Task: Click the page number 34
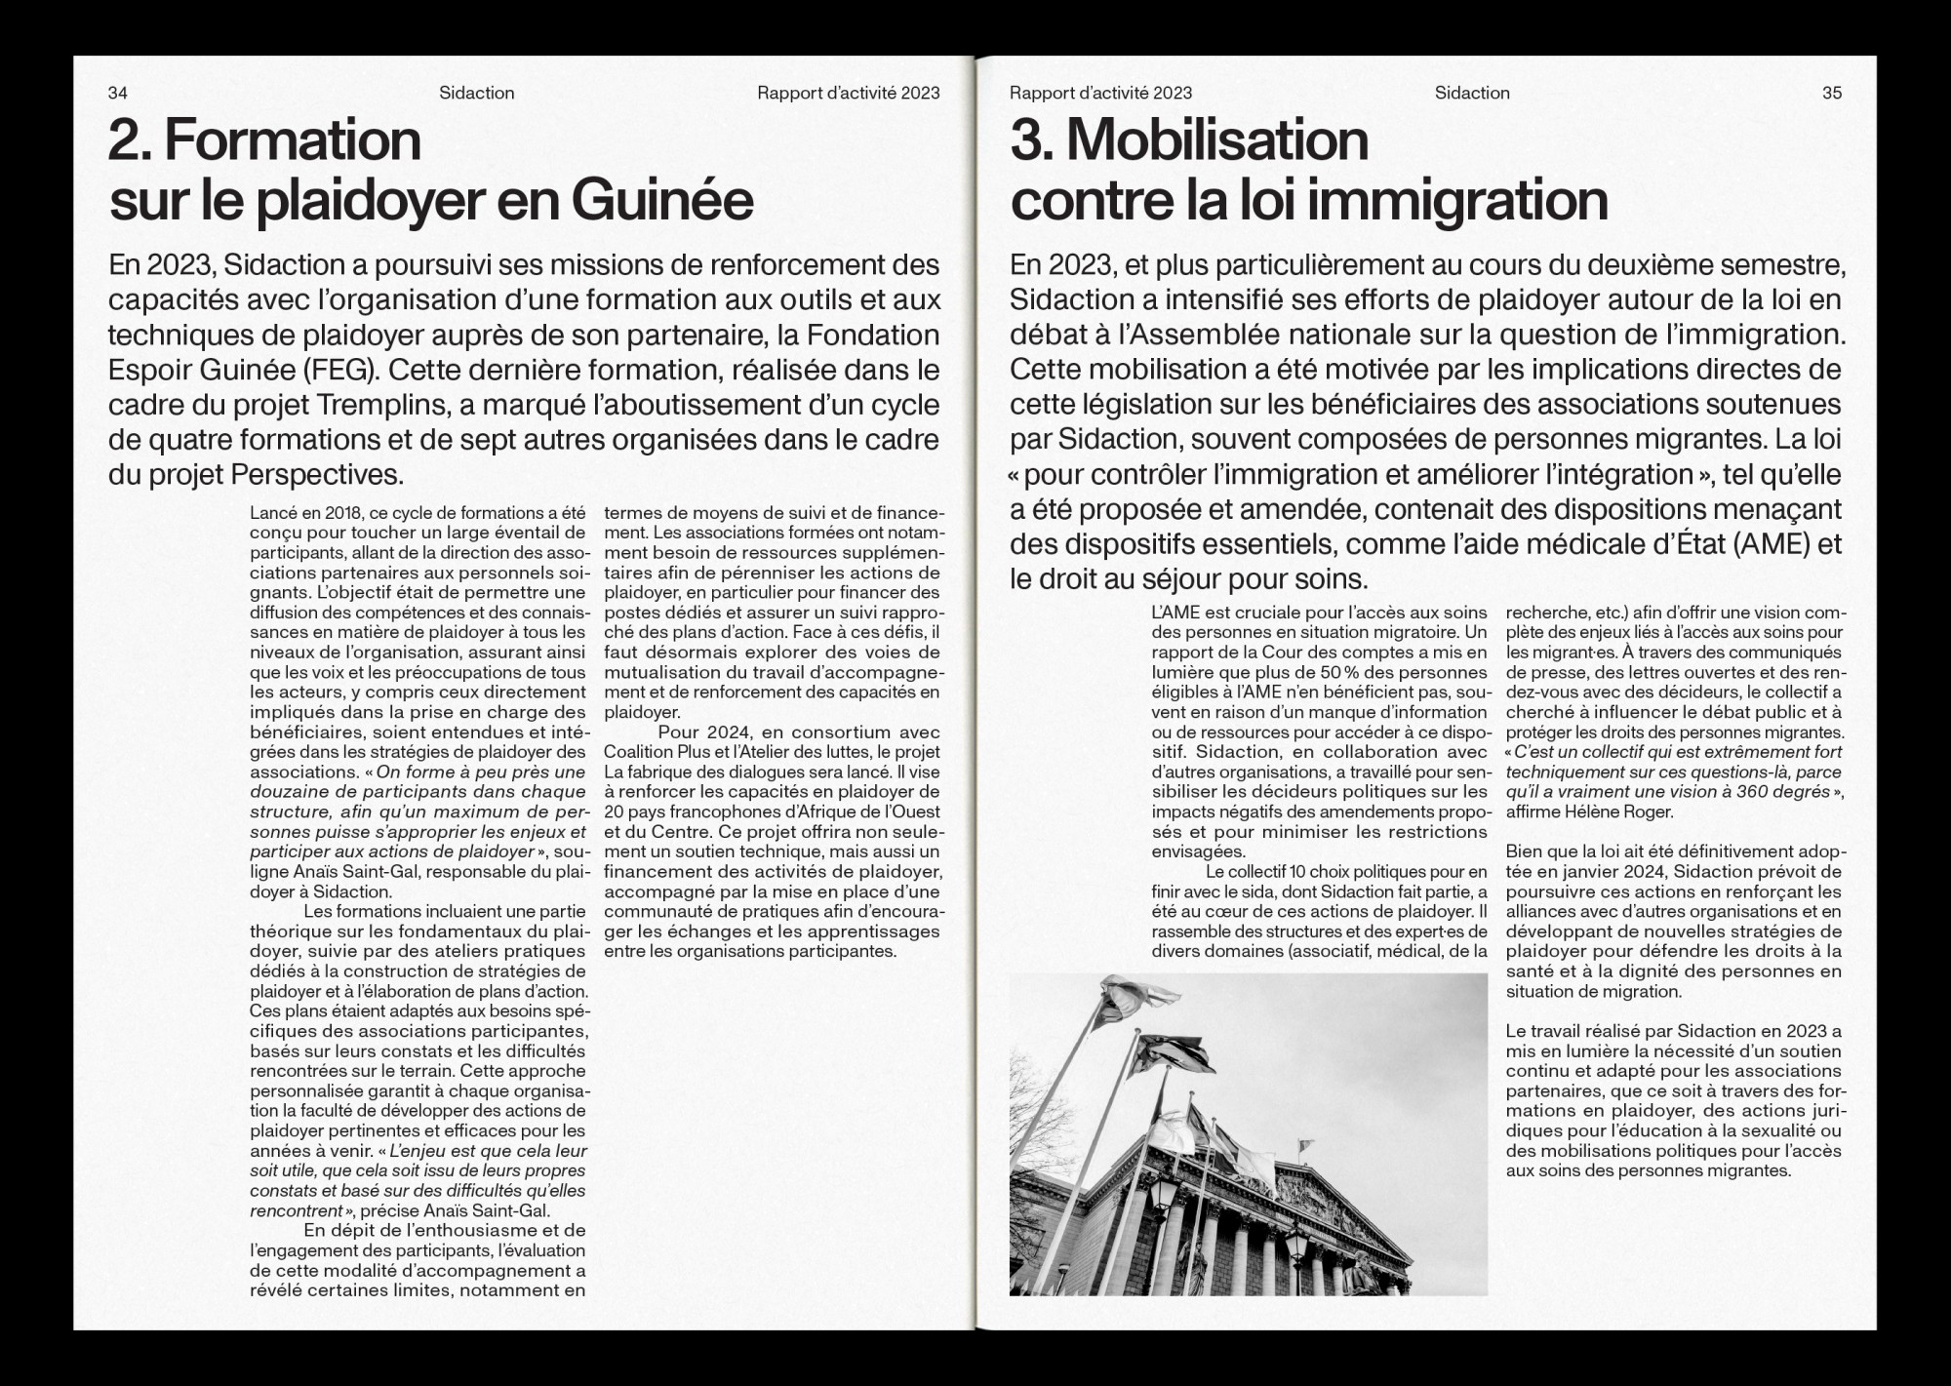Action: pyautogui.click(x=117, y=94)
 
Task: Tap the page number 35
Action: pyautogui.click(x=1832, y=94)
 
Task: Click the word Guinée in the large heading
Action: pyautogui.click(x=662, y=201)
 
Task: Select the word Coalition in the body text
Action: pyautogui.click(x=639, y=752)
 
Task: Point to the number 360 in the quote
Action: pyautogui.click(x=1729, y=792)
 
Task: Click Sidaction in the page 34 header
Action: pyautogui.click(x=476, y=94)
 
